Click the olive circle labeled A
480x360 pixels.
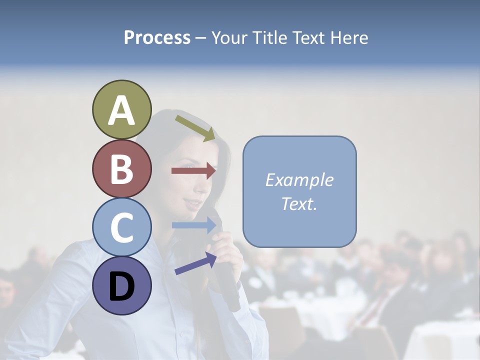[121, 109]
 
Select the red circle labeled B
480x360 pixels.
[121, 168]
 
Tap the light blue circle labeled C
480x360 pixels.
[121, 227]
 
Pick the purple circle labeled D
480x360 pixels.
[121, 286]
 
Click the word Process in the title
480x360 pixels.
[157, 38]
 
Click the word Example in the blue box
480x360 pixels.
[299, 180]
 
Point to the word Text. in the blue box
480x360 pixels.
[299, 203]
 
